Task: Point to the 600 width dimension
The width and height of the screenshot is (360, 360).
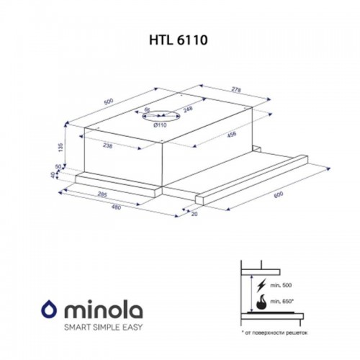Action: [x=277, y=195]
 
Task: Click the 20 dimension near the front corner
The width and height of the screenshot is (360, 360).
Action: [x=194, y=214]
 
